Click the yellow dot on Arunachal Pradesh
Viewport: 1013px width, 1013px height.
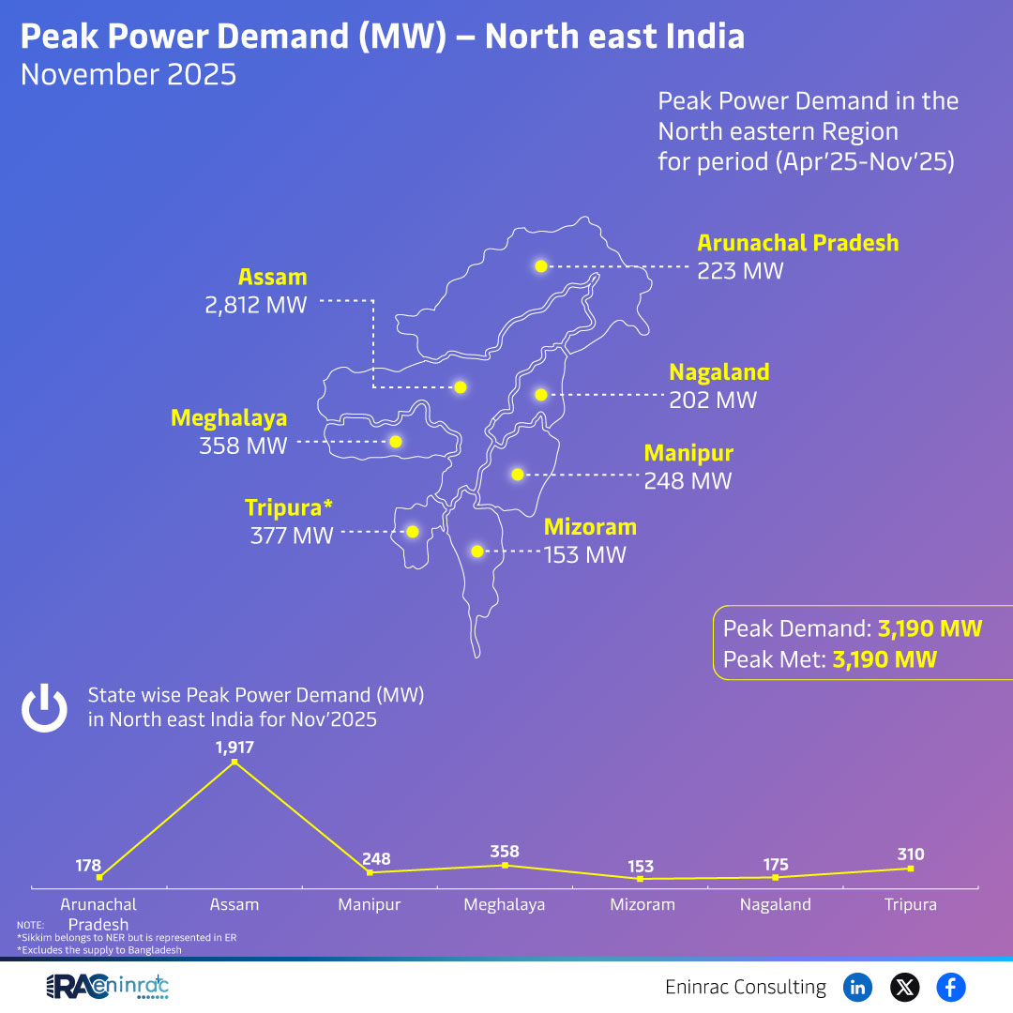pyautogui.click(x=540, y=266)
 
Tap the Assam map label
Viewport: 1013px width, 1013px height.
pyautogui.click(x=272, y=278)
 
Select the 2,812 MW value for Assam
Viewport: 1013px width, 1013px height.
pyautogui.click(x=256, y=305)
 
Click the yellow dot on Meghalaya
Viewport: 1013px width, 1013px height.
pyautogui.click(x=396, y=441)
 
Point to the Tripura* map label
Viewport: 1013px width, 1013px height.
pyautogui.click(x=289, y=508)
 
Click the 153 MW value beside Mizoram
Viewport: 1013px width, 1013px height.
pyautogui.click(x=585, y=554)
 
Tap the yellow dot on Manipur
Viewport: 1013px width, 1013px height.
pyautogui.click(x=517, y=475)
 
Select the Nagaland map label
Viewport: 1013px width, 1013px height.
pyautogui.click(x=718, y=372)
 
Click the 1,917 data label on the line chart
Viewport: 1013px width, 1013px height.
pyautogui.click(x=234, y=748)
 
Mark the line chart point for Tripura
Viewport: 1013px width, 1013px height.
pyautogui.click(x=911, y=869)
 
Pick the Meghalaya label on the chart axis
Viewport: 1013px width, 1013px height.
pyautogui.click(x=505, y=905)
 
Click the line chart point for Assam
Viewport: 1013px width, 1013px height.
pyautogui.click(x=234, y=763)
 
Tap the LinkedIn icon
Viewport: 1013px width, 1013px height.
pyautogui.click(x=857, y=987)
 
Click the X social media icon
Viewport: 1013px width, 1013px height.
pyautogui.click(x=904, y=987)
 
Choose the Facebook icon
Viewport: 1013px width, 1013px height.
pyautogui.click(x=951, y=987)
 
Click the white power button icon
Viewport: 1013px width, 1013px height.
pyautogui.click(x=45, y=708)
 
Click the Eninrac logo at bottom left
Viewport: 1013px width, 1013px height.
pyautogui.click(x=107, y=987)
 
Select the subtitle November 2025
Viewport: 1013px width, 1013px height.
pyautogui.click(x=129, y=74)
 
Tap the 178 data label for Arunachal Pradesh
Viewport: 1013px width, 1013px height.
pyautogui.click(x=88, y=865)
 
